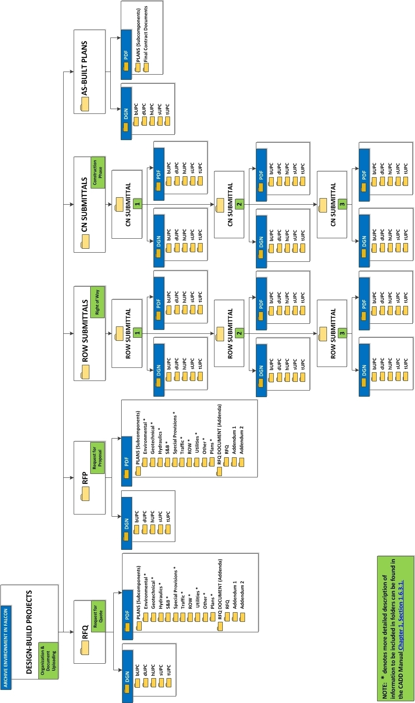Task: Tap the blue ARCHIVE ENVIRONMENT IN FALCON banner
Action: [x=6, y=648]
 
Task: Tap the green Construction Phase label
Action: [x=98, y=172]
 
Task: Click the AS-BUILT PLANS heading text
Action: [x=85, y=68]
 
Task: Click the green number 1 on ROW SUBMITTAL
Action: [x=137, y=333]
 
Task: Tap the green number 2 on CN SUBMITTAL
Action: [x=239, y=204]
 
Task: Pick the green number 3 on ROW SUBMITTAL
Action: [x=342, y=333]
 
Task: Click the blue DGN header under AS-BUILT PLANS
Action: [x=126, y=113]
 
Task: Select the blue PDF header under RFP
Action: [x=126, y=461]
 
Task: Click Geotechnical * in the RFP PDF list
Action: [x=153, y=438]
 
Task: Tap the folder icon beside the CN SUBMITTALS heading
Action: [x=85, y=241]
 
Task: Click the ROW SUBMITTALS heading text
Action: [x=85, y=330]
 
